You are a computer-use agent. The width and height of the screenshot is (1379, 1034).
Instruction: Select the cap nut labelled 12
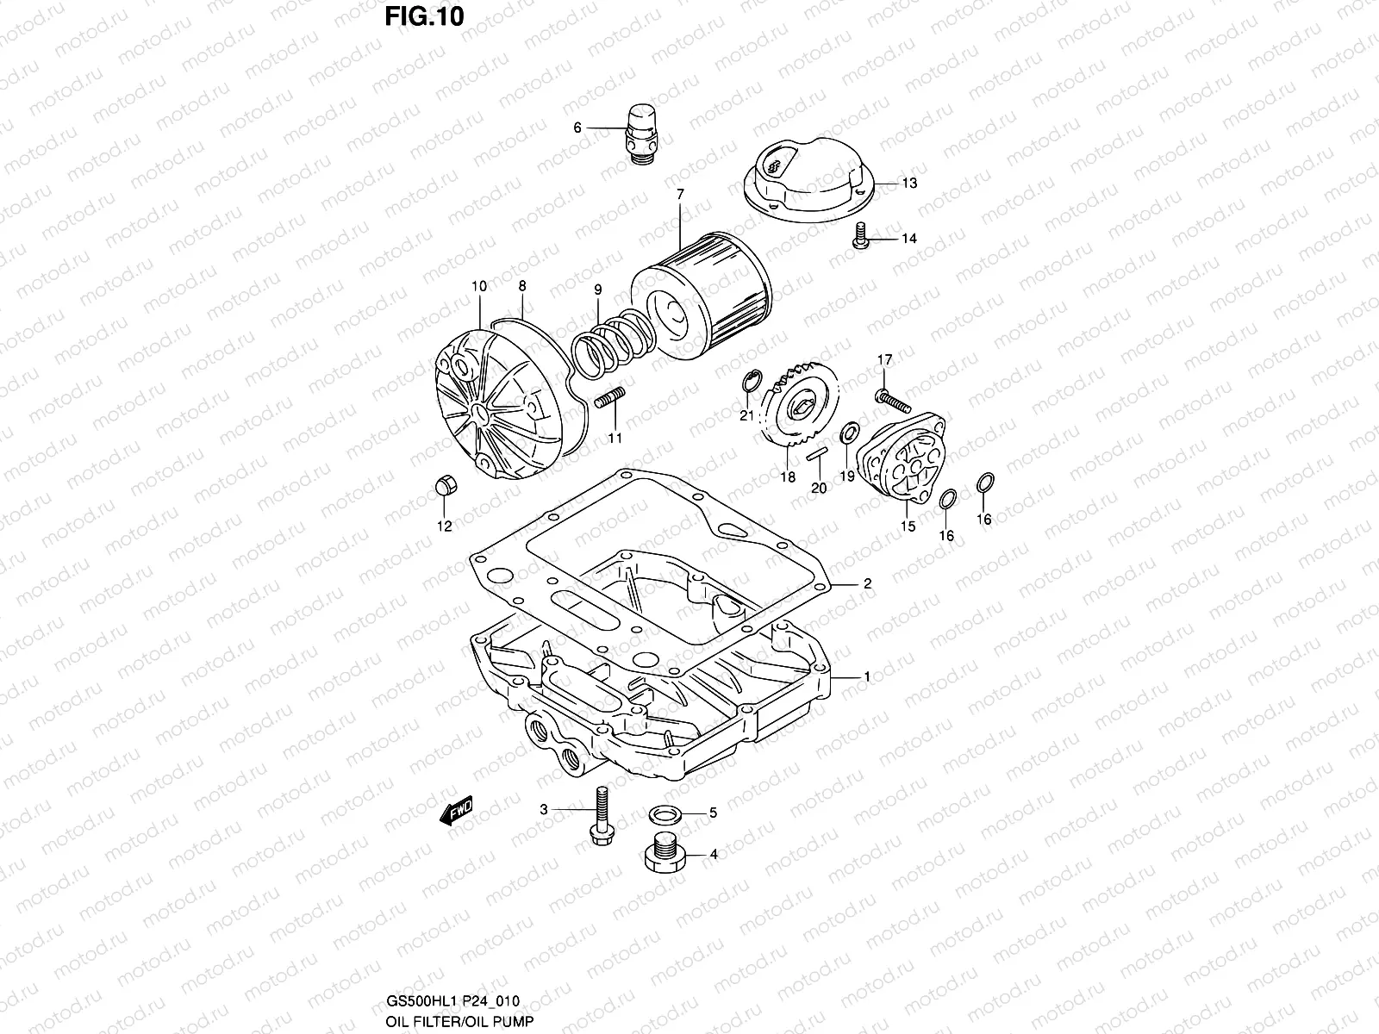tap(446, 487)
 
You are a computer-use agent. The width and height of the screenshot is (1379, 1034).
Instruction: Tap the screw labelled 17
tap(891, 398)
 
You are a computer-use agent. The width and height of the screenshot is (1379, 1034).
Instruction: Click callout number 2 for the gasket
tap(867, 583)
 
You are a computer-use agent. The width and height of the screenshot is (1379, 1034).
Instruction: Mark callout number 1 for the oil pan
tap(867, 677)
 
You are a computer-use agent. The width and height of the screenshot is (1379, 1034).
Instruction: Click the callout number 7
tap(680, 195)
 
